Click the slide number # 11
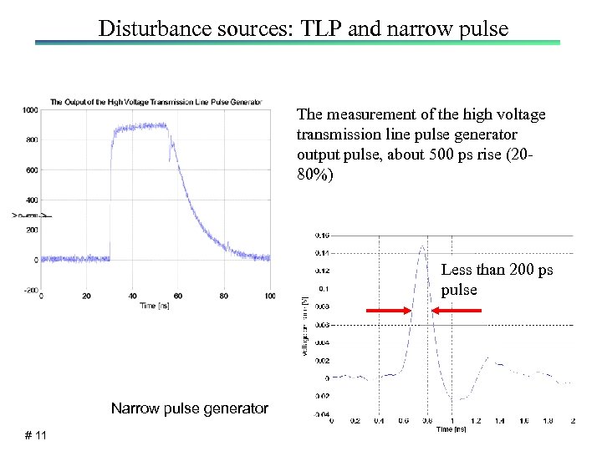coord(35,435)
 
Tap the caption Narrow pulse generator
coord(190,408)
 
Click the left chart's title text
coord(156,102)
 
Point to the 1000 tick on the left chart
coord(29,110)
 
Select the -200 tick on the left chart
coord(29,290)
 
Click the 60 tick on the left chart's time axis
coord(178,296)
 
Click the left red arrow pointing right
coord(389,311)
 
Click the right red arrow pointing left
coord(457,311)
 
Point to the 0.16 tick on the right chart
coord(322,235)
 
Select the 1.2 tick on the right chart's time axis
coord(476,422)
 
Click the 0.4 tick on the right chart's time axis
coord(380,422)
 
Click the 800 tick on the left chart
coord(31,139)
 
